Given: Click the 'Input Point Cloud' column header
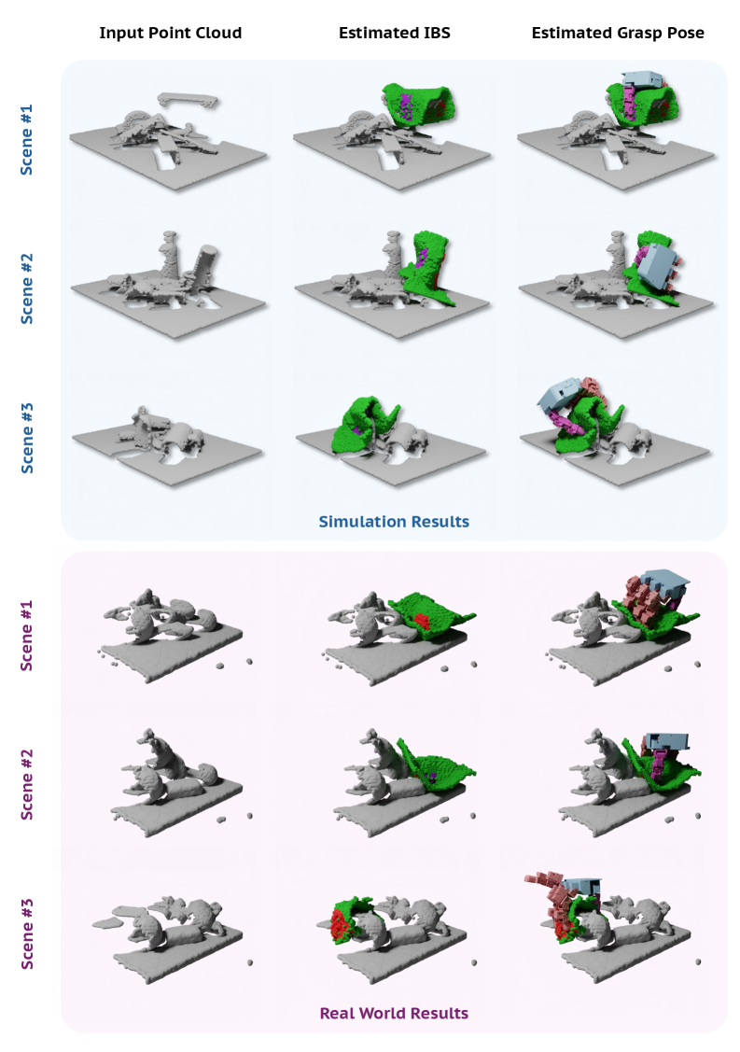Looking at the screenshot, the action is click(x=171, y=33).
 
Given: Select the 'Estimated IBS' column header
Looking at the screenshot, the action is click(x=395, y=33).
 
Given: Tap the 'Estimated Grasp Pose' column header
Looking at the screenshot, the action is click(x=618, y=33).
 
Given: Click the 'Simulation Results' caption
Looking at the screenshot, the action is click(x=394, y=521).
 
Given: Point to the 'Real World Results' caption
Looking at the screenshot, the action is click(x=394, y=1013).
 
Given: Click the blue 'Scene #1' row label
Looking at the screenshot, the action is click(x=27, y=140).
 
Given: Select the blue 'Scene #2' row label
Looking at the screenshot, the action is click(x=27, y=289).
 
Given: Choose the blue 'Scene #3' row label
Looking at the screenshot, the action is click(x=27, y=438).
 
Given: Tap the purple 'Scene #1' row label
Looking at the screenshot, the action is click(x=27, y=636).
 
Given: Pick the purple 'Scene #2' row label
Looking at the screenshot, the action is click(x=27, y=784).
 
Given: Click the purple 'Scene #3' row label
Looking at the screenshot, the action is click(x=27, y=933).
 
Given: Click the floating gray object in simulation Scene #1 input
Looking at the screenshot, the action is click(x=188, y=100).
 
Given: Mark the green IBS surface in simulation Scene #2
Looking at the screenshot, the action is click(x=429, y=272).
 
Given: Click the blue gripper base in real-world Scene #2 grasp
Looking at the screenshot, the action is click(x=667, y=741).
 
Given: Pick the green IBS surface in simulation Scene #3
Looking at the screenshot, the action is click(x=366, y=426).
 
